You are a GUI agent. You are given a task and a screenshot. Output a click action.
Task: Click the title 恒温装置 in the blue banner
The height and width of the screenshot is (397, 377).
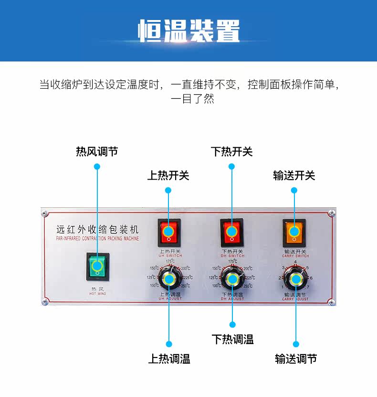(x=189, y=31)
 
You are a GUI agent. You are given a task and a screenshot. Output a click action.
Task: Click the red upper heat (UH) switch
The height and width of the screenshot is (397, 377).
(x=169, y=232)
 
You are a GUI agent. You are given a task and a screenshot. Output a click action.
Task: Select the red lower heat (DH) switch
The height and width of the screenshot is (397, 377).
(x=232, y=232)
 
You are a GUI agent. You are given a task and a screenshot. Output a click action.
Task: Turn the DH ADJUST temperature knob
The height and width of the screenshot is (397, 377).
(x=232, y=279)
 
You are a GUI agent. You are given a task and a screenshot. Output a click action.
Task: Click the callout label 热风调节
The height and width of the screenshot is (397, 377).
(x=97, y=152)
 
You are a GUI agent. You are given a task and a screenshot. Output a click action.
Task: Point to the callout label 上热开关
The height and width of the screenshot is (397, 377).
(x=168, y=175)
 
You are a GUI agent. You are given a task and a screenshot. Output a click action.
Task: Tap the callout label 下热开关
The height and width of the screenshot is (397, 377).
(x=231, y=152)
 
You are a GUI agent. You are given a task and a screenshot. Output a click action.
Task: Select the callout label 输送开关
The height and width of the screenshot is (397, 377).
(x=294, y=175)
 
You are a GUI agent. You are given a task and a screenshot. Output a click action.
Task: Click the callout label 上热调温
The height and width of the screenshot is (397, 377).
(x=169, y=359)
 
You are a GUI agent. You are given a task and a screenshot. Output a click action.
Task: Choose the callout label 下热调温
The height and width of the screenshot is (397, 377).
(x=232, y=339)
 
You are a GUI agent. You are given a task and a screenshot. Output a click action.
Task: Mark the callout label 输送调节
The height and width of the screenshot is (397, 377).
(x=296, y=359)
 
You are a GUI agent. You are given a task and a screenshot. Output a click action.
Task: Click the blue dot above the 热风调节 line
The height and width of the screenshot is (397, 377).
(x=97, y=166)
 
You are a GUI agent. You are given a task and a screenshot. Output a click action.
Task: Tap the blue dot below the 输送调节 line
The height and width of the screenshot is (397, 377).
(x=296, y=344)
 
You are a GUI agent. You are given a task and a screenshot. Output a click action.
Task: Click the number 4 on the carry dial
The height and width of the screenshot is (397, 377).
(x=295, y=262)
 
